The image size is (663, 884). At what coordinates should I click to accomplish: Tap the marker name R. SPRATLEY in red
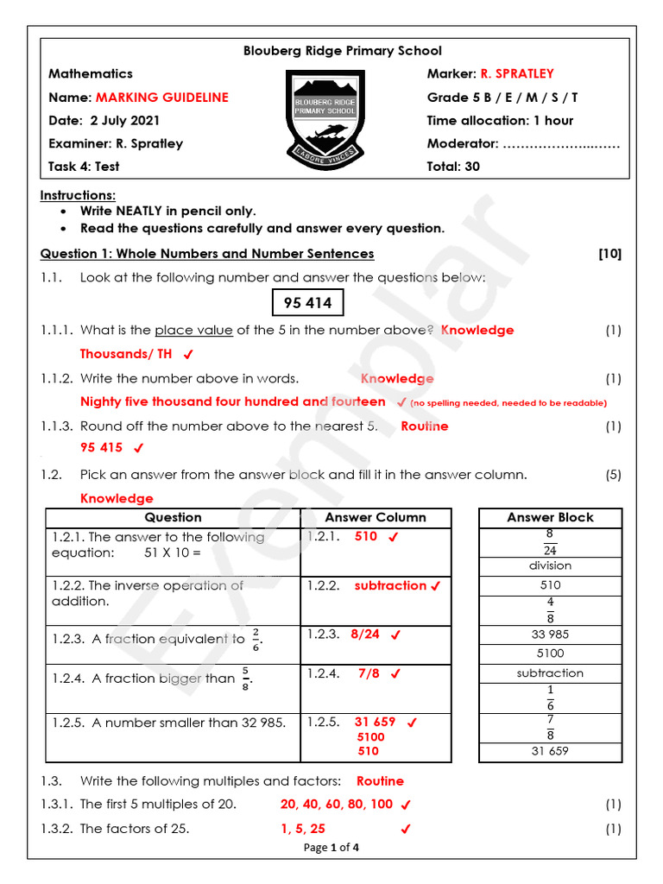(517, 74)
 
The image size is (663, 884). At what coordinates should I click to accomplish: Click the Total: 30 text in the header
(453, 167)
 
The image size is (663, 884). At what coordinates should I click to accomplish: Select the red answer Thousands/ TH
(126, 354)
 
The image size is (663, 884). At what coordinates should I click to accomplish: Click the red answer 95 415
(101, 448)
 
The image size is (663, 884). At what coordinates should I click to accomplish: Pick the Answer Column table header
(376, 517)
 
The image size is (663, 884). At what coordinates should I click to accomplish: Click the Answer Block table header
(550, 517)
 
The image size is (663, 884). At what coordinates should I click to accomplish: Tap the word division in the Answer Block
(550, 566)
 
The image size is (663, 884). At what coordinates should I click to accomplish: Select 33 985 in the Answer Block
(550, 635)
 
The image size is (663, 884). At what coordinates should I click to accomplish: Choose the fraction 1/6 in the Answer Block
(550, 698)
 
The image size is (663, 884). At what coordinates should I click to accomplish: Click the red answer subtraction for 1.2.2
(390, 585)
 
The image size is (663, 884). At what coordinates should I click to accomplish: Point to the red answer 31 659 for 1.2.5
(375, 722)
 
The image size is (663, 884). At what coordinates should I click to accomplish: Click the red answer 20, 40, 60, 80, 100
(336, 804)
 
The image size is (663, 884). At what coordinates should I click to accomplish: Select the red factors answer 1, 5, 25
(302, 829)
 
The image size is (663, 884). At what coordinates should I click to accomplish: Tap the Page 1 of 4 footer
(331, 848)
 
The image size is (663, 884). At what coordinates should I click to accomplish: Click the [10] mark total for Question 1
(609, 254)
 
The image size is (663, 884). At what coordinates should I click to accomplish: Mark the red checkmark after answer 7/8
(395, 673)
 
